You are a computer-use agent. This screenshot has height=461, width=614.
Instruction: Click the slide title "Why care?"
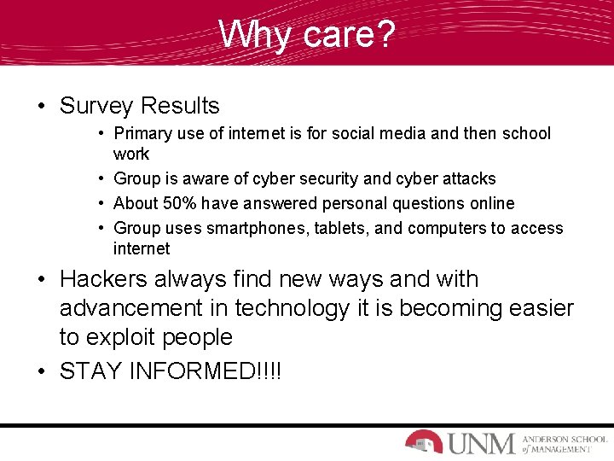[306, 35]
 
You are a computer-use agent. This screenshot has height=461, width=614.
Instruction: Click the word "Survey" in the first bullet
[96, 106]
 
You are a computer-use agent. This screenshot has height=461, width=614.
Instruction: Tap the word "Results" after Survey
[180, 106]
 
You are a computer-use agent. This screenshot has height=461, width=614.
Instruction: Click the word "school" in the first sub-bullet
[526, 133]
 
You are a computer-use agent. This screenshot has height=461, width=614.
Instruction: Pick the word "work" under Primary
[130, 154]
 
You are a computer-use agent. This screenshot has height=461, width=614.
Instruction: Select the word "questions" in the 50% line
[412, 203]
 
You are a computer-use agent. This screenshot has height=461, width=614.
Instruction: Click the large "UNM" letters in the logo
[480, 443]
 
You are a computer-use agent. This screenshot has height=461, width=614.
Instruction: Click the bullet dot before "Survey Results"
[41, 107]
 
